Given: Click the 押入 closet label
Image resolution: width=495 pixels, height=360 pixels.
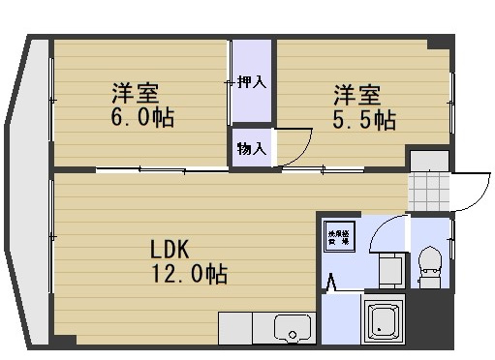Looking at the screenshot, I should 251,82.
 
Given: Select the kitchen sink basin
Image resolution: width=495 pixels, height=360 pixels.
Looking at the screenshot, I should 290,327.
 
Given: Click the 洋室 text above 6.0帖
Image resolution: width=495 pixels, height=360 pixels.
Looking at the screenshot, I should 135,94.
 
